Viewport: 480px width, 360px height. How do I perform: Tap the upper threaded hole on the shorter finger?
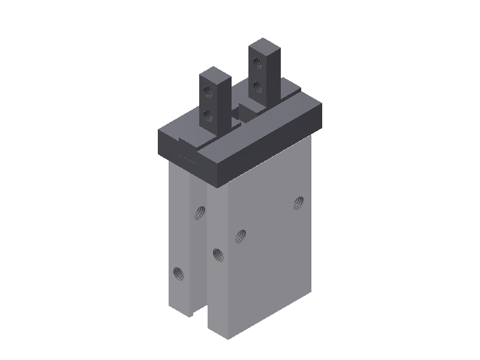coord(208,91)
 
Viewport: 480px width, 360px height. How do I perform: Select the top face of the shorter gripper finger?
coord(215,73)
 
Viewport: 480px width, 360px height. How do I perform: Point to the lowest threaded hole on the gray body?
coord(178,274)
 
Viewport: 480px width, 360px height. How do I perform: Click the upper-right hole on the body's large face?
coord(298,203)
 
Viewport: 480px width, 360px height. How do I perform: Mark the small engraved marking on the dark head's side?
coord(188,158)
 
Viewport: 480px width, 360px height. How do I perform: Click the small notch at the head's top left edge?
coord(181,139)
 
